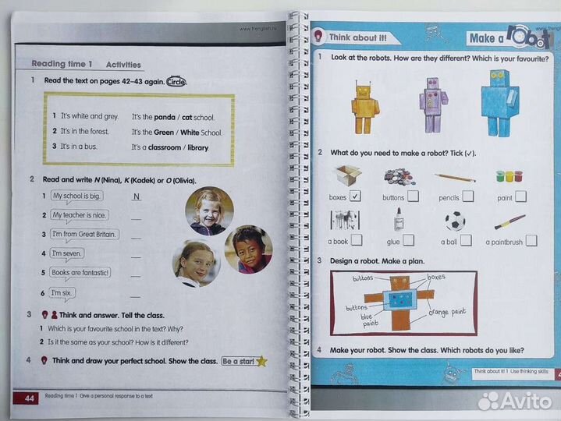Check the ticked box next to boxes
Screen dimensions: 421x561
355,196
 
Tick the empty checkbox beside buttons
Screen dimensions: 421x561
412,196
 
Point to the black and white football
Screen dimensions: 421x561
454,221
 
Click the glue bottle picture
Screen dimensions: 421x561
398,219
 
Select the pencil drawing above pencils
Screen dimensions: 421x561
455,177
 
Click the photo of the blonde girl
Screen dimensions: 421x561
208,210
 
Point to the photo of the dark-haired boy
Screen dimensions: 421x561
248,249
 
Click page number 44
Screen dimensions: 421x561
30,399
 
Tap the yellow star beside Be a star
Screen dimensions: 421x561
262,361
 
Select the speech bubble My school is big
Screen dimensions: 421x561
77,196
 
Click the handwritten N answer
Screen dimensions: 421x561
137,197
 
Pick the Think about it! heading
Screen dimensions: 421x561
357,37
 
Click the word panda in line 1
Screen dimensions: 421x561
165,116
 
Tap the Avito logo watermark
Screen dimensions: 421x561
516,400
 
